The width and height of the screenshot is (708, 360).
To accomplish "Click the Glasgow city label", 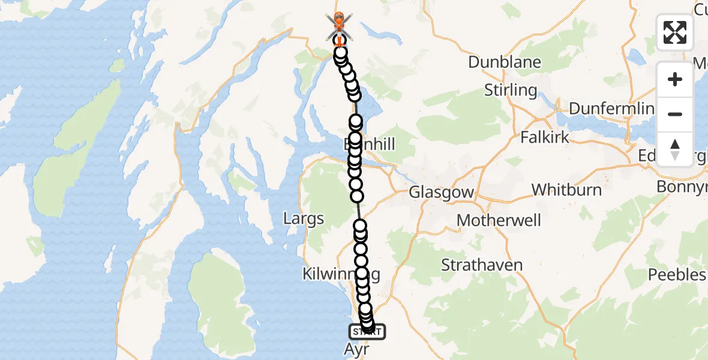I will (441, 193).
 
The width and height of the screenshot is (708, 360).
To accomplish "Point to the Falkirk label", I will (544, 137).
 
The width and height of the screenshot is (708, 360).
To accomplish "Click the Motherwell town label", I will (499, 220).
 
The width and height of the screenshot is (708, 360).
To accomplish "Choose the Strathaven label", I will (482, 265).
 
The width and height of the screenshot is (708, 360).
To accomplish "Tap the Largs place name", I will (304, 218).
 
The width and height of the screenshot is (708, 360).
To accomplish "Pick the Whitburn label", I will (566, 190).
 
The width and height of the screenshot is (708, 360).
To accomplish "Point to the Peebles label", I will (677, 275).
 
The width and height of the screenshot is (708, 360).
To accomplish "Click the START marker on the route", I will (367, 331).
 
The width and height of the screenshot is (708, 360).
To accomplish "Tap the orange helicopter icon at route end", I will (339, 22).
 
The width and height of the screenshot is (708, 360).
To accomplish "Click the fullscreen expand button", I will (675, 32).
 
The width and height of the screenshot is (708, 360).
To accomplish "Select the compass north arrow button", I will (675, 149).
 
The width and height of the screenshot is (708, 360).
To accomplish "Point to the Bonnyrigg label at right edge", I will (682, 187).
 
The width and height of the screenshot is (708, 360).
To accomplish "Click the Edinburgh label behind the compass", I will (648, 154).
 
